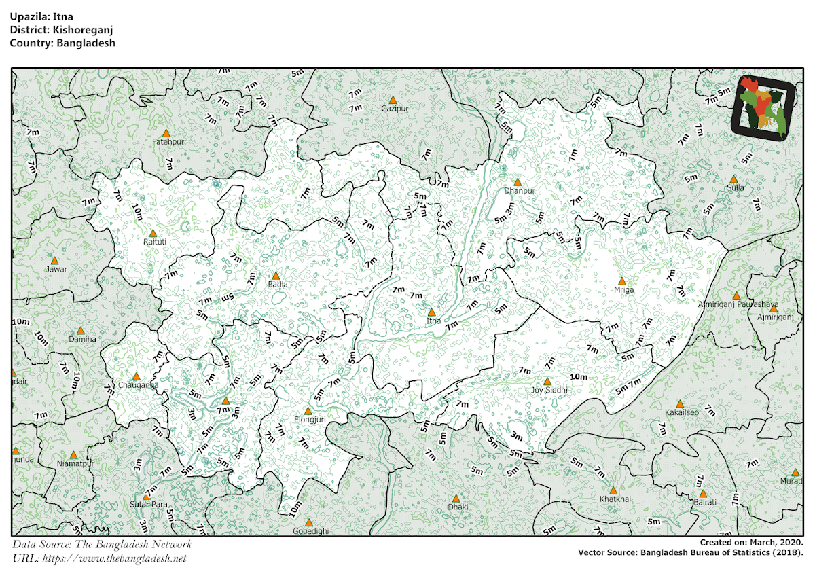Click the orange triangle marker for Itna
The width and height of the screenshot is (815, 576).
[431, 312]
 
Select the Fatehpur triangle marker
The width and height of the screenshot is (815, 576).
[166, 134]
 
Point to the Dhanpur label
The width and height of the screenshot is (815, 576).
[520, 191]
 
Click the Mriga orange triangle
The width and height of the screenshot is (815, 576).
[621, 281]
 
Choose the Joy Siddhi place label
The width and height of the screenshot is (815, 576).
[549, 391]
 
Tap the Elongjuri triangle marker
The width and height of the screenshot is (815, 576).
[308, 411]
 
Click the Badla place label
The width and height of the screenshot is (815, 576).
[278, 285]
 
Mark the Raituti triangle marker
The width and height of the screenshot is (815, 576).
[152, 233]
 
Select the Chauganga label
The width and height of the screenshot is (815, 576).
[139, 385]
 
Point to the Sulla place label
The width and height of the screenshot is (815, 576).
[736, 188]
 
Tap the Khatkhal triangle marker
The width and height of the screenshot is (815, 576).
[613, 490]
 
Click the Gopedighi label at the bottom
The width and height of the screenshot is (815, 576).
[310, 531]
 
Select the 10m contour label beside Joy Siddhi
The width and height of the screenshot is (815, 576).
[579, 377]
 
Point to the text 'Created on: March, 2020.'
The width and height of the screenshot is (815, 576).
[751, 543]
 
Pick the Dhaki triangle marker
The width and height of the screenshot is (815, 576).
[456, 498]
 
